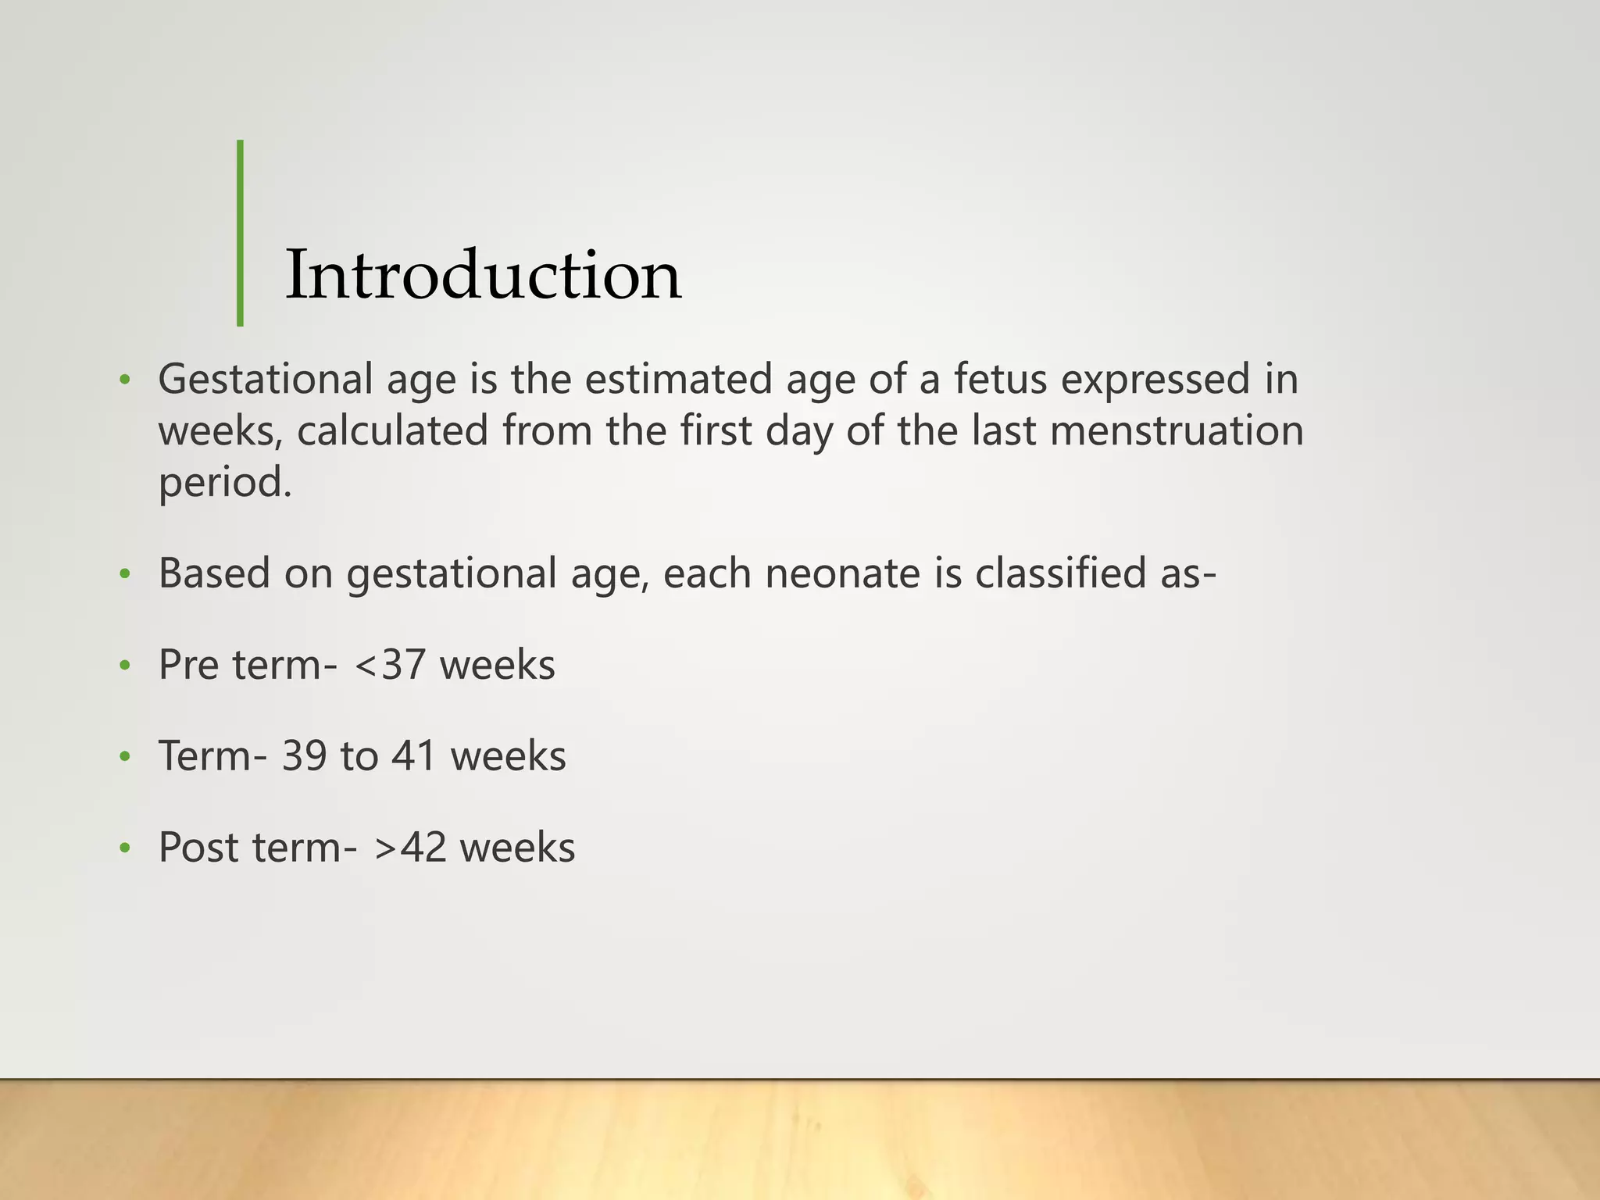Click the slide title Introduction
(483, 275)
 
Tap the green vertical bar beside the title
(240, 233)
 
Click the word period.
(225, 482)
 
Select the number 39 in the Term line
(304, 756)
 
